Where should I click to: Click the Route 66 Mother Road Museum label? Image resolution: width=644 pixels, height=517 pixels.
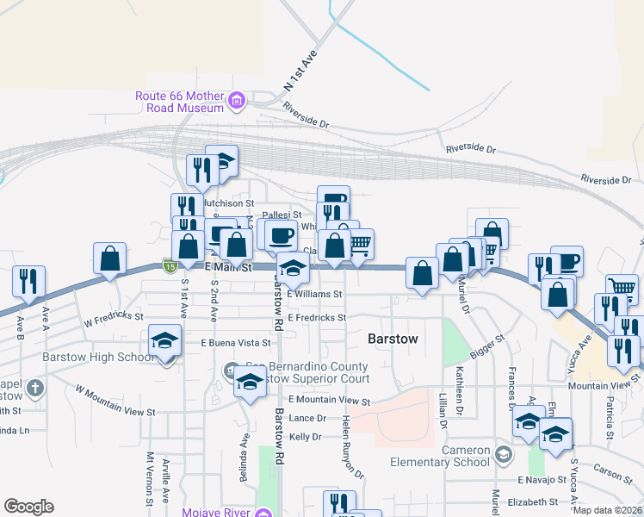[180, 102]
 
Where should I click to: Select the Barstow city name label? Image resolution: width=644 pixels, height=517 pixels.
[393, 339]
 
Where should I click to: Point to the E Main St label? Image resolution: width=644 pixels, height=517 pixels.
[229, 268]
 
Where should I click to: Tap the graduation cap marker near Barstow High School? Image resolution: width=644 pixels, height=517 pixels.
[164, 340]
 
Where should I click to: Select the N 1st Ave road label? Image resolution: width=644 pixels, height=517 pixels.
[300, 72]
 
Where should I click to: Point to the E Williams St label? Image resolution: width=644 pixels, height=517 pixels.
[315, 294]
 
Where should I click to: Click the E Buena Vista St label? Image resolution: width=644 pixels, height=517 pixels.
[235, 342]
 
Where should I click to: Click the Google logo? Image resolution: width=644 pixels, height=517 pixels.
[28, 507]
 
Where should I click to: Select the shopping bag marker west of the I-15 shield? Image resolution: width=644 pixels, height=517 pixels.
[110, 258]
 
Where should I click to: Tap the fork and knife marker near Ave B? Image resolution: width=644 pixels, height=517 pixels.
[28, 281]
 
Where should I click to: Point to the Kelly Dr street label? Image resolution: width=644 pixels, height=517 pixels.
[305, 437]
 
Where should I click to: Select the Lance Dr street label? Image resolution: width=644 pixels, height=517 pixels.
[307, 418]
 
